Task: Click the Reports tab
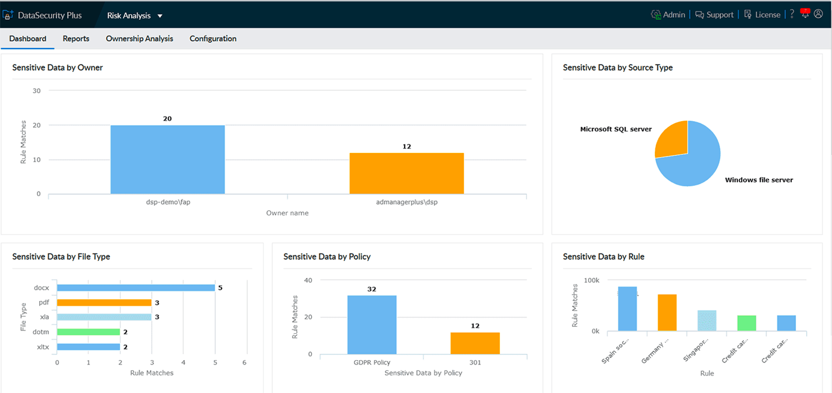76,39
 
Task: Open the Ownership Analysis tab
139,39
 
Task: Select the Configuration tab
213,39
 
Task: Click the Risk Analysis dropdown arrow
160,16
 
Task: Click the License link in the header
762,15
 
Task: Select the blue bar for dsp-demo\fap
167,159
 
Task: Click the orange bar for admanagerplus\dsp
406,173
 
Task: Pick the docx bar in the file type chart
135,288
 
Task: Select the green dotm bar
88,332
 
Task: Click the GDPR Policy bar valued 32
371,324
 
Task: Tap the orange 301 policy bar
474,343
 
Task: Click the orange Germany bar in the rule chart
667,312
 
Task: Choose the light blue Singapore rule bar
707,321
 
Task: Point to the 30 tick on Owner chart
36,91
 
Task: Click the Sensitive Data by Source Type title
617,68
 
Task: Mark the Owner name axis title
287,213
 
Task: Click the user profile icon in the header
818,14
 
